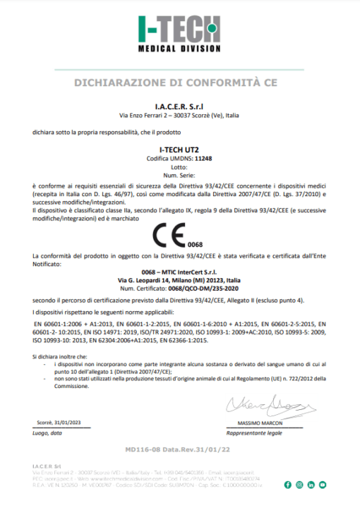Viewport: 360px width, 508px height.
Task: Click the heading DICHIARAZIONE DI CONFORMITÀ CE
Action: (x=179, y=83)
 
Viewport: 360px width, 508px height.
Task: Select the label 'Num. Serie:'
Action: (x=179, y=173)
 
